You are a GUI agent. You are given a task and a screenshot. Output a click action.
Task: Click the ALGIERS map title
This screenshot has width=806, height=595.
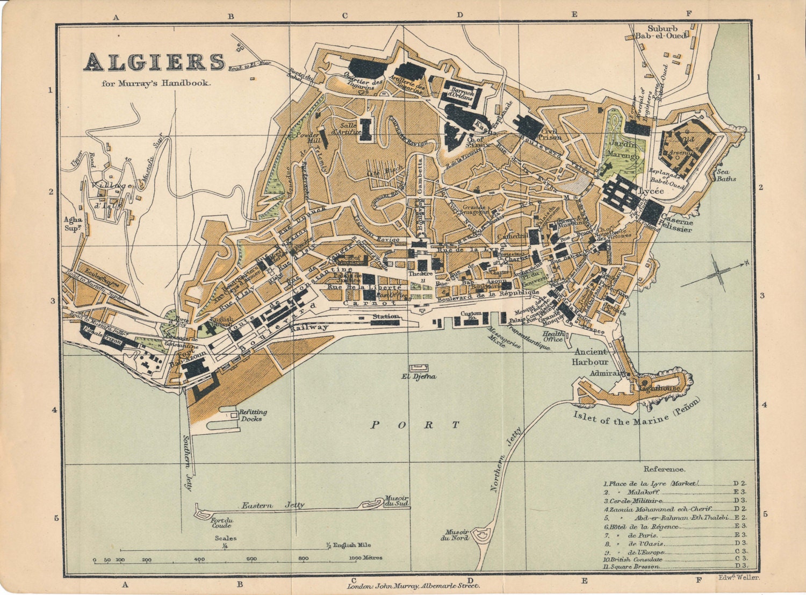coord(154,62)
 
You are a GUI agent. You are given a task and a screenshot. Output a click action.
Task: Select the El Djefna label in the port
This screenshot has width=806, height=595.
coord(418,377)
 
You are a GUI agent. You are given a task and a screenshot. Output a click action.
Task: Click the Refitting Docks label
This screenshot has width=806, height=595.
coord(253,415)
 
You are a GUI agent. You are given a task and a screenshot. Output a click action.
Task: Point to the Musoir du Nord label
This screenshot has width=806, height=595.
coord(455,534)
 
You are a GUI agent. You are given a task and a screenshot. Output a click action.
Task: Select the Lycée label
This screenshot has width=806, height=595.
coord(651,191)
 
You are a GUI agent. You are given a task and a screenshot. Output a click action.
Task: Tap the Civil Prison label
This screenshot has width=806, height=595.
coord(551,133)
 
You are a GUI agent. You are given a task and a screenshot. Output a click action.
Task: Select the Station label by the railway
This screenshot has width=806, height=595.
coord(386,317)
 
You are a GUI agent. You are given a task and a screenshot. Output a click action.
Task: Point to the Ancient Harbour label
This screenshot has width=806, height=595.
coord(591,357)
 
